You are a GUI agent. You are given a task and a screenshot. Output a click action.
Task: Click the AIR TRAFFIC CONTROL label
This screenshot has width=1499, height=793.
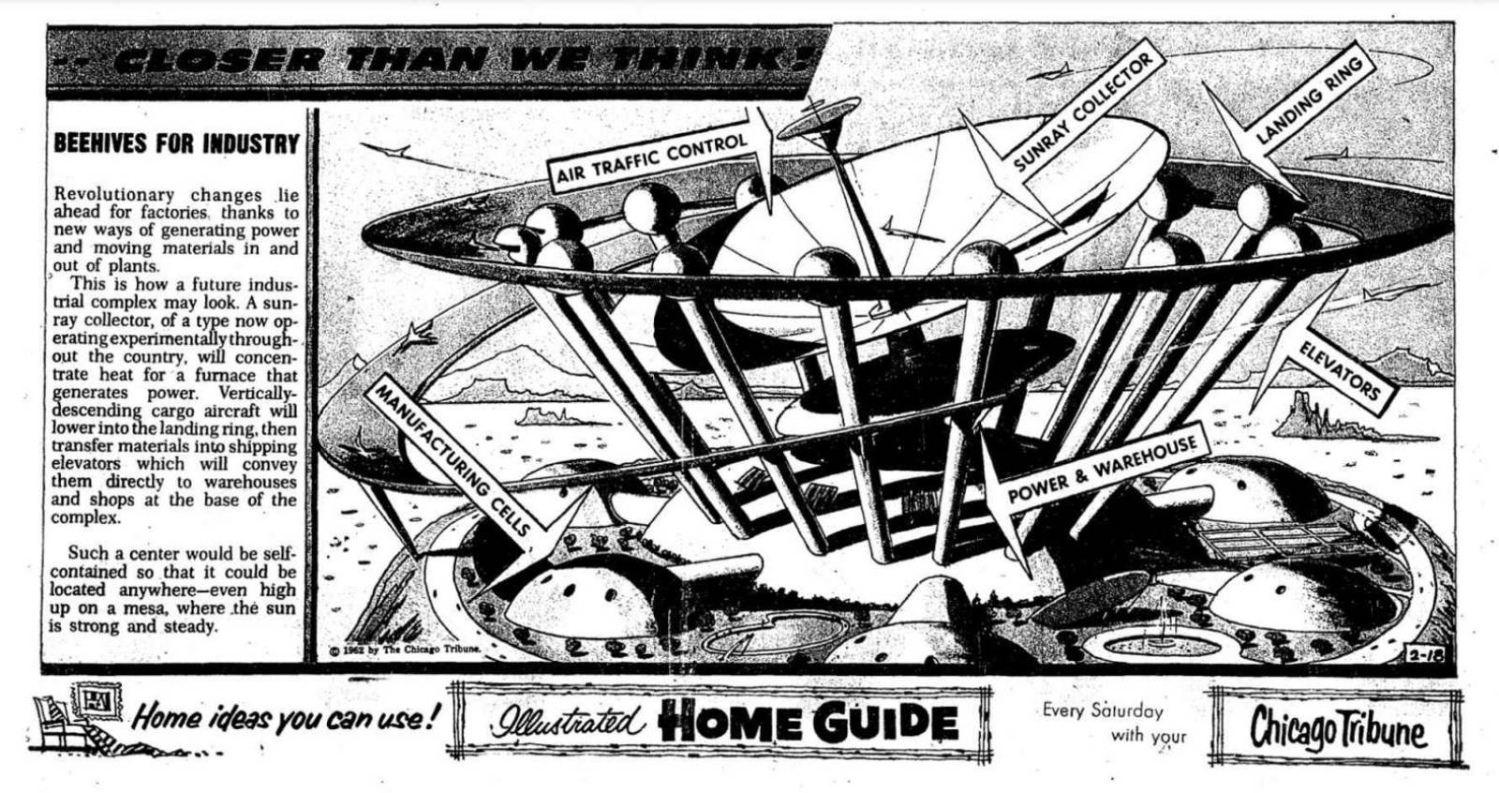tap(652, 159)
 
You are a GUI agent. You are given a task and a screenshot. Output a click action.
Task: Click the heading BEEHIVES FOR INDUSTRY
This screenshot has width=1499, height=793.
tap(176, 144)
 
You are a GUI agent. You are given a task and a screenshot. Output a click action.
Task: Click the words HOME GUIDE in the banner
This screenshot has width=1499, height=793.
tap(808, 723)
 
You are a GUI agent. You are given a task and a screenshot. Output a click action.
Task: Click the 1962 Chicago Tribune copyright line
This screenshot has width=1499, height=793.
tap(405, 649)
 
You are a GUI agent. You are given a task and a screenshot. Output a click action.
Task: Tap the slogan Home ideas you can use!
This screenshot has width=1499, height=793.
tap(285, 719)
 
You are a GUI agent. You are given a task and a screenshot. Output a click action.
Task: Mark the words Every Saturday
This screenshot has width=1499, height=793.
tap(1102, 711)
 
